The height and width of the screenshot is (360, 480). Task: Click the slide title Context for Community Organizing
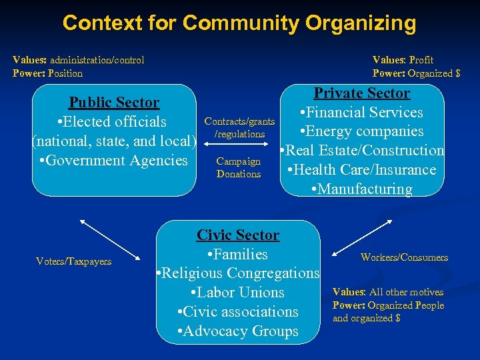pyautogui.click(x=239, y=23)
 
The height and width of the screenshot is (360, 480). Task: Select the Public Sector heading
pyautogui.click(x=114, y=103)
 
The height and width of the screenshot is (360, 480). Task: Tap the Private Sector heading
pyautogui.click(x=362, y=93)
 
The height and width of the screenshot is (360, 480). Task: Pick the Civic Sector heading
pyautogui.click(x=238, y=235)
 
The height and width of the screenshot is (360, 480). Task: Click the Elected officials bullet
pyautogui.click(x=112, y=122)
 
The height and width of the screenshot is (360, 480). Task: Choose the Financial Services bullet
pyautogui.click(x=362, y=113)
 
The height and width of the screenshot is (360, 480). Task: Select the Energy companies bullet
pyautogui.click(x=362, y=131)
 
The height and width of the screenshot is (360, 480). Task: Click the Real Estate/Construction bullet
pyautogui.click(x=362, y=151)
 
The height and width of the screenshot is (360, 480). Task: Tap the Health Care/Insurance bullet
pyautogui.click(x=362, y=170)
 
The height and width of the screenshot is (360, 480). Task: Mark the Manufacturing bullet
pyautogui.click(x=362, y=189)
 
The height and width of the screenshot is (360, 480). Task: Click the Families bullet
pyautogui.click(x=237, y=254)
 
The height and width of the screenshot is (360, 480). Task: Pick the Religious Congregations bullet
pyautogui.click(x=237, y=273)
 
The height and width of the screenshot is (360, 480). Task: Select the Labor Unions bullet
pyautogui.click(x=237, y=293)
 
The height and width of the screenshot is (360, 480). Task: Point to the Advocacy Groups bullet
pyautogui.click(x=237, y=331)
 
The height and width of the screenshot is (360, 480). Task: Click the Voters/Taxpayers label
pyautogui.click(x=73, y=261)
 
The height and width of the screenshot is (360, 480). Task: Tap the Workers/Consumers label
pyautogui.click(x=404, y=257)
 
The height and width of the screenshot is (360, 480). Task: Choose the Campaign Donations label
pyautogui.click(x=239, y=167)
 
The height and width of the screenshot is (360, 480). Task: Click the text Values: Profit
pyautogui.click(x=403, y=60)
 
